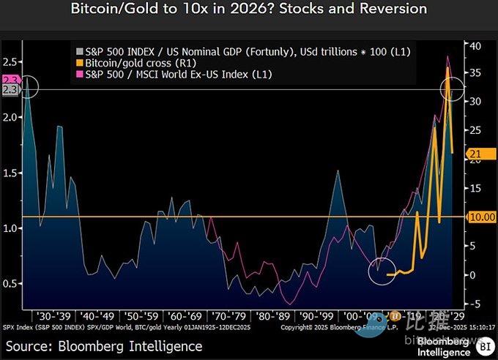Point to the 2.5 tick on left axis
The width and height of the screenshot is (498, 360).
(10, 61)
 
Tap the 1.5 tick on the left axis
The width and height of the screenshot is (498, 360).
(10, 173)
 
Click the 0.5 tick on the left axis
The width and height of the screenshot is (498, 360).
(10, 284)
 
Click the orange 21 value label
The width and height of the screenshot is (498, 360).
(475, 153)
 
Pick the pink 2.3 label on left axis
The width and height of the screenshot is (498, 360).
(10, 80)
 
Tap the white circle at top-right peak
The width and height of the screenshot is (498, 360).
(452, 89)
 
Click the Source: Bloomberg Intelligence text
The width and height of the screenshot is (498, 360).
(105, 345)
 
